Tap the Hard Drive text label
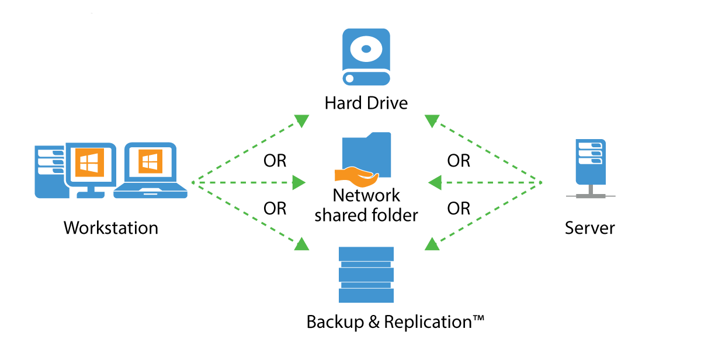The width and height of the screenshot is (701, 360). (366, 103)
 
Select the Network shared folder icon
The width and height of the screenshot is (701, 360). (366, 155)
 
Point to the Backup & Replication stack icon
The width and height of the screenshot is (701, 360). (366, 274)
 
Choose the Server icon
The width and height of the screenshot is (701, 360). (589, 167)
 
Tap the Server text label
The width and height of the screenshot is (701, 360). (589, 227)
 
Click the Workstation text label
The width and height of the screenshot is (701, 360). (111, 227)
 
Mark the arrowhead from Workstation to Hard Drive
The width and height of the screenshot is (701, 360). (301, 121)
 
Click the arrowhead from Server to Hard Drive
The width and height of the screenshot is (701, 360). (432, 121)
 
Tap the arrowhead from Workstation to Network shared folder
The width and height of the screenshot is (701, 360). (299, 183)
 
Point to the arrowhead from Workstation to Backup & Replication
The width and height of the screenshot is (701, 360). (301, 244)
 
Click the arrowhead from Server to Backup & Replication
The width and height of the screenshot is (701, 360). (432, 244)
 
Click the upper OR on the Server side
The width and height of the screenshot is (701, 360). (459, 161)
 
